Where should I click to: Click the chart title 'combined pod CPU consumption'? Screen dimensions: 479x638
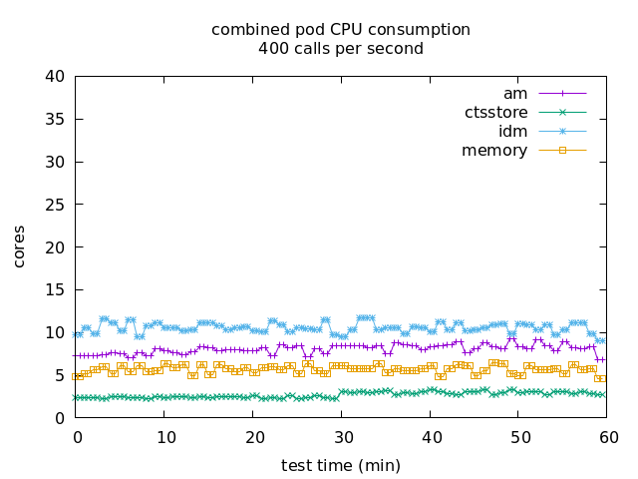pyautogui.click(x=340, y=30)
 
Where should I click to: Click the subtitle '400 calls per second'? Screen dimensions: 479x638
pyautogui.click(x=340, y=48)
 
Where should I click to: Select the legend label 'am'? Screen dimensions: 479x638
pyautogui.click(x=514, y=94)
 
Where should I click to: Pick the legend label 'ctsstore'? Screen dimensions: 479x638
pyautogui.click(x=495, y=113)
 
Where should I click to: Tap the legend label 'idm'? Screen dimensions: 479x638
pyautogui.click(x=512, y=132)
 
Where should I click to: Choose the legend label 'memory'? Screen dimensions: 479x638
pyautogui.click(x=494, y=151)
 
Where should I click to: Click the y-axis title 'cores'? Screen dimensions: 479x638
pyautogui.click(x=20, y=246)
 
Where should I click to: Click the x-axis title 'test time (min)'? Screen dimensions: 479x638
pyautogui.click(x=340, y=465)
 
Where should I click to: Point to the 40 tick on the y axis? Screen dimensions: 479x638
pyautogui.click(x=55, y=77)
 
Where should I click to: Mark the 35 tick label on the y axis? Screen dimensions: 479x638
pyautogui.click(x=55, y=120)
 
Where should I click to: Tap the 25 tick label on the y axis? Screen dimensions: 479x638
pyautogui.click(x=55, y=205)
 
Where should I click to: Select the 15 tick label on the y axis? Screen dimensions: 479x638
pyautogui.click(x=55, y=290)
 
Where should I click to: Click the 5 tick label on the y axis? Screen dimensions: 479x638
pyautogui.click(x=60, y=375)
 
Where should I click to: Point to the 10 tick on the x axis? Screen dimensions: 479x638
pyautogui.click(x=165, y=436)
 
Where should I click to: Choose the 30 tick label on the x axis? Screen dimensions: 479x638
pyautogui.click(x=342, y=436)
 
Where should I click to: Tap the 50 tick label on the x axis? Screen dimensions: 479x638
pyautogui.click(x=519, y=436)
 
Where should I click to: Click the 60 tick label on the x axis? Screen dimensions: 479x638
pyautogui.click(x=607, y=436)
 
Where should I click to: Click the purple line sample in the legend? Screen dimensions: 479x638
pyautogui.click(x=562, y=94)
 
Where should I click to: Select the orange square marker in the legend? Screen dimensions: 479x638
pyautogui.click(x=562, y=151)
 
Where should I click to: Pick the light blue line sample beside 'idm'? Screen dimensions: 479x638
pyautogui.click(x=562, y=132)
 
